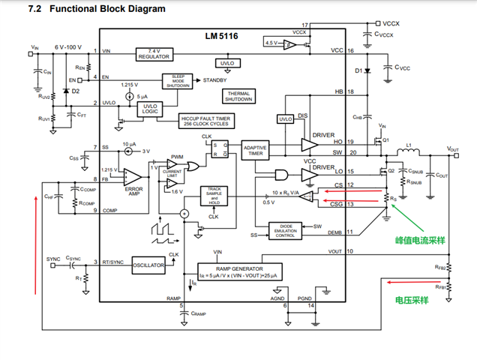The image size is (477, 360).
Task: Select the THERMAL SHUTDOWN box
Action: [238, 96]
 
